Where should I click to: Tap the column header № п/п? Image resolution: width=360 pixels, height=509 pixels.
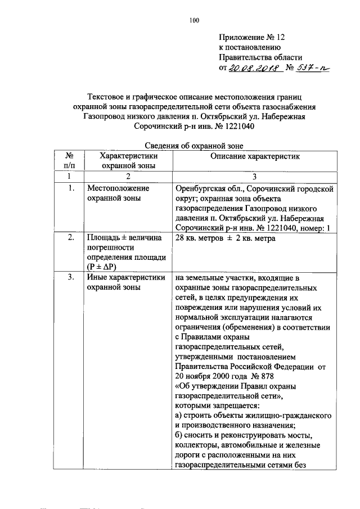click(x=70, y=161)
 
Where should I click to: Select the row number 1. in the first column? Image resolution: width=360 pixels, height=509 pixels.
click(x=70, y=188)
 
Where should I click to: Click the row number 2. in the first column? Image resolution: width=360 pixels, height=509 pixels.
click(x=70, y=238)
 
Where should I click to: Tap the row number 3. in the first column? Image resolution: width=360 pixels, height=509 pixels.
click(x=70, y=277)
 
